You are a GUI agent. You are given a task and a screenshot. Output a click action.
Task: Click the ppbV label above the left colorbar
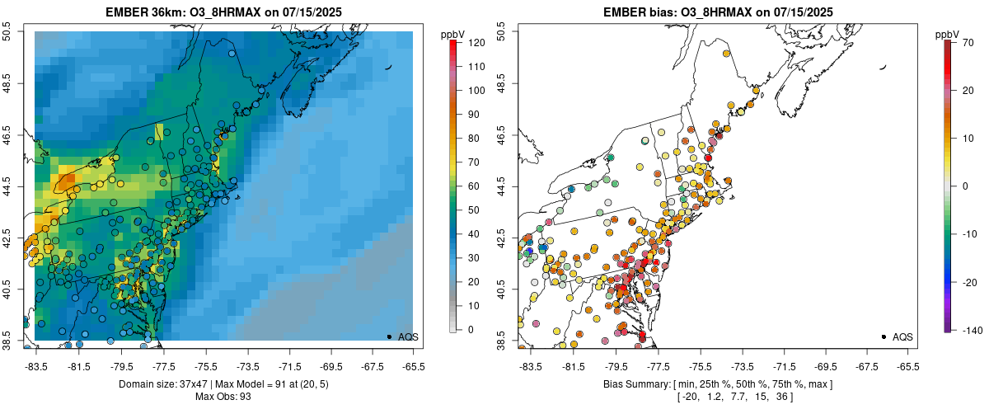tap(452, 34)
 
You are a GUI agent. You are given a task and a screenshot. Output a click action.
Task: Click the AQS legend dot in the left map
tap(389, 336)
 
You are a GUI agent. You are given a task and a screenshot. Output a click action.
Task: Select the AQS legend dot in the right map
tap(884, 336)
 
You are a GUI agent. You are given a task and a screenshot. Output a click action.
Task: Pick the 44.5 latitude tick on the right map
tap(502, 185)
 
